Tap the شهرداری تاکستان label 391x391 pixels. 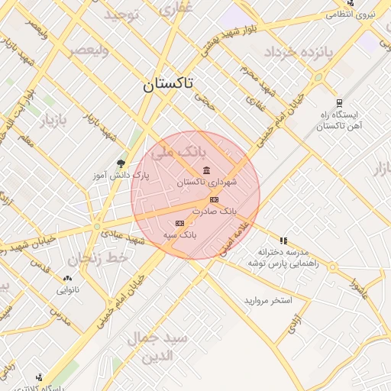click(207, 183)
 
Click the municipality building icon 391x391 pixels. click(206, 170)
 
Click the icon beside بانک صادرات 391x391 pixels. click(213, 199)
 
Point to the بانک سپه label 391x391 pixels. click(179, 235)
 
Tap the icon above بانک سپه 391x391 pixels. click(179, 223)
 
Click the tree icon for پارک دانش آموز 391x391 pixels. click(121, 163)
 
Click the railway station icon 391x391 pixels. click(339, 103)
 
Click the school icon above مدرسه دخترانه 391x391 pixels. click(283, 241)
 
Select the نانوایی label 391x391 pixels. click(67, 290)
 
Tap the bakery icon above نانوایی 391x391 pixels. click(67, 279)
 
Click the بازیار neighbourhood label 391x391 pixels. click(53, 121)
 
